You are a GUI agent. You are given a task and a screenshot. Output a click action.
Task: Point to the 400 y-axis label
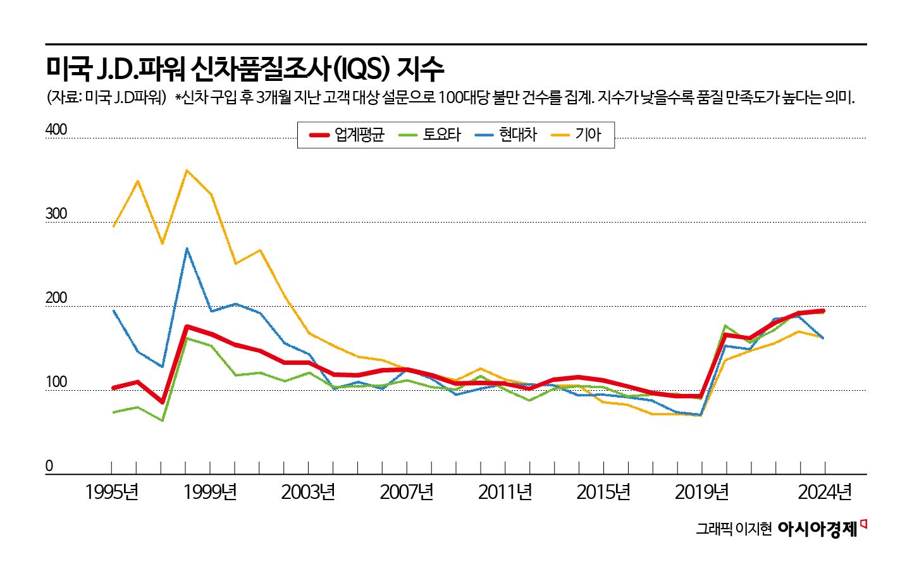[56, 130]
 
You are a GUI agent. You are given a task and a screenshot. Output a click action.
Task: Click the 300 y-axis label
[56, 214]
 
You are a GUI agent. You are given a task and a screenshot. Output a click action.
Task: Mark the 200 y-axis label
[56, 298]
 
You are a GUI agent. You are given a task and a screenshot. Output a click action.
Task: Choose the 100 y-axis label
[56, 383]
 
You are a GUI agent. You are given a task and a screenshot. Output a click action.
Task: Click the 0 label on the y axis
[49, 466]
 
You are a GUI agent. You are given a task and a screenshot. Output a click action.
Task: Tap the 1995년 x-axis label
[112, 492]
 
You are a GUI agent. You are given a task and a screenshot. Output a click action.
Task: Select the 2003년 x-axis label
[309, 492]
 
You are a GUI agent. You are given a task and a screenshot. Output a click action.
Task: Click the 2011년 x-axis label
[505, 492]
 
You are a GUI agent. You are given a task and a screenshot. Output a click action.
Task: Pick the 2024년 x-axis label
[825, 492]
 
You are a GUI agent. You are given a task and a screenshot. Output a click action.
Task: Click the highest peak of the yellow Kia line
[187, 170]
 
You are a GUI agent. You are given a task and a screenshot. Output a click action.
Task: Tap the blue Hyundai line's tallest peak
[187, 249]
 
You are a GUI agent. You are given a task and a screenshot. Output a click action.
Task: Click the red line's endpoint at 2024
[823, 310]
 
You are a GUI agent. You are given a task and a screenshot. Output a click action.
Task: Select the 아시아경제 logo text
[818, 529]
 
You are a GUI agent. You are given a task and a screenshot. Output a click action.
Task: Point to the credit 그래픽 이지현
[734, 529]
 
